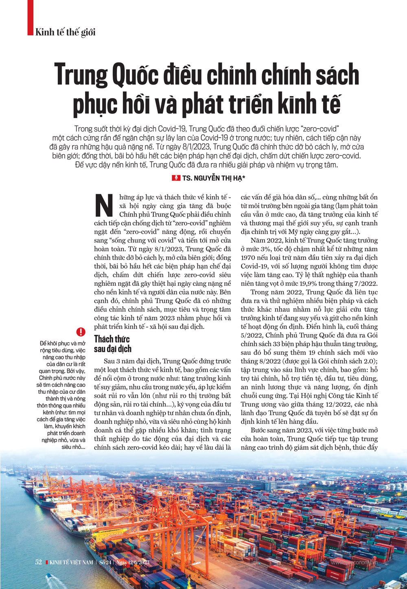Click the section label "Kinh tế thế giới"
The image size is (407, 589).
pos(65,32)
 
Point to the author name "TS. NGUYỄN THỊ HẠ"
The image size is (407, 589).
pos(213,178)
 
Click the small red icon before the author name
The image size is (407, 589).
pos(176,178)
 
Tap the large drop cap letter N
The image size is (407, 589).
pos(104,206)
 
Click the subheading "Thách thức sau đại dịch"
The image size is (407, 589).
pos(112,344)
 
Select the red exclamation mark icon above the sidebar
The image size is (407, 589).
pos(81,332)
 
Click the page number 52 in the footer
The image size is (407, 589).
pos(39,562)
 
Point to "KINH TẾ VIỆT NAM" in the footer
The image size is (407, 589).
pos(71,563)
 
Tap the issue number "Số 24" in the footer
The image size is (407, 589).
pos(105,563)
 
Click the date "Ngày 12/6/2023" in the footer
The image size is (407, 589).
pos(133,563)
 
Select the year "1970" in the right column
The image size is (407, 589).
pos(248,258)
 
